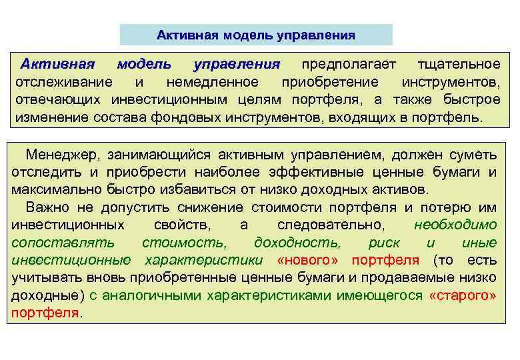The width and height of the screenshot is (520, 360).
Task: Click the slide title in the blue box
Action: tap(256, 35)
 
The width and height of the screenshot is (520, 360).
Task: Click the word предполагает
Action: tap(349, 65)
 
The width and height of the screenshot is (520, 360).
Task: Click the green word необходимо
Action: tap(455, 225)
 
